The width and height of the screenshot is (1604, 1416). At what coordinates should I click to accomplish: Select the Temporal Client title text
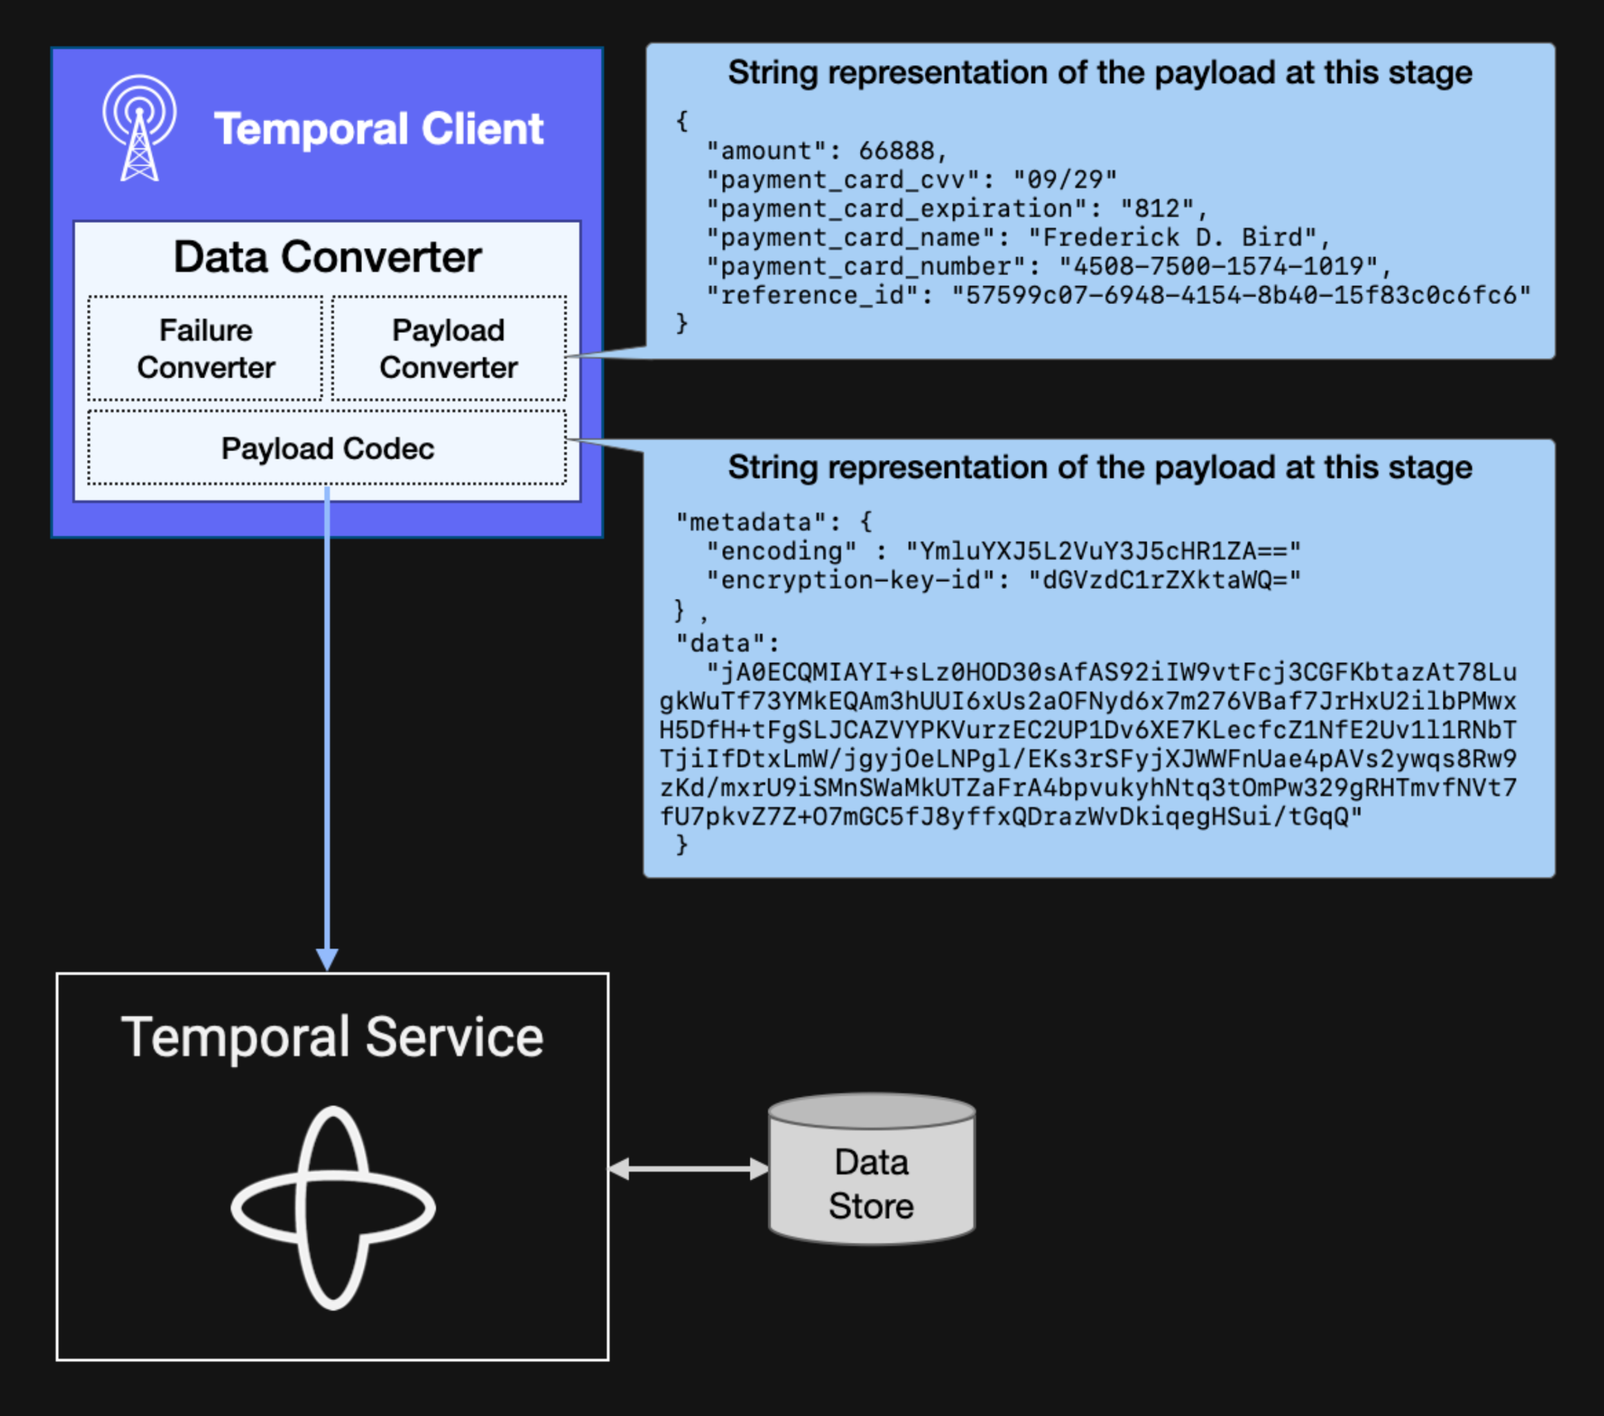pyautogui.click(x=378, y=129)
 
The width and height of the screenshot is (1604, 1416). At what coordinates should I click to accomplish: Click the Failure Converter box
pyautogui.click(x=205, y=349)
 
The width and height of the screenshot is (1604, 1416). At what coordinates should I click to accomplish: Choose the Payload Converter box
pyautogui.click(x=448, y=349)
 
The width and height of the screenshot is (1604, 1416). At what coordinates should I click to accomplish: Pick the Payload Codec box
pyautogui.click(x=327, y=448)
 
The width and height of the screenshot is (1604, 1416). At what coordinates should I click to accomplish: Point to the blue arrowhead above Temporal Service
pyautogui.click(x=327, y=959)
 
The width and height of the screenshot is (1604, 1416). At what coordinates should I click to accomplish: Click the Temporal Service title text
pyautogui.click(x=332, y=1038)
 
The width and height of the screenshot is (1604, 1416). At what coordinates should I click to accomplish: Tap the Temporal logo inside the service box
pyautogui.click(x=333, y=1207)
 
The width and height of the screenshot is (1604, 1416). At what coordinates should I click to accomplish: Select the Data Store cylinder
pyautogui.click(x=872, y=1169)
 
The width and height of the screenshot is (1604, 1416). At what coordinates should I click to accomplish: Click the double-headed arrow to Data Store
pyautogui.click(x=688, y=1169)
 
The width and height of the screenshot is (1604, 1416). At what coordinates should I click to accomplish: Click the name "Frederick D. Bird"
pyautogui.click(x=1172, y=238)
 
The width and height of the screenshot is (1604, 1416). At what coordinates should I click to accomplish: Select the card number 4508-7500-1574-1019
pyautogui.click(x=1218, y=267)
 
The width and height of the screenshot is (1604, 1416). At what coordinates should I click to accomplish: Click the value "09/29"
pyautogui.click(x=1064, y=180)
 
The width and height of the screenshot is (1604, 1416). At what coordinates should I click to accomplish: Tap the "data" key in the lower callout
pyautogui.click(x=720, y=644)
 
